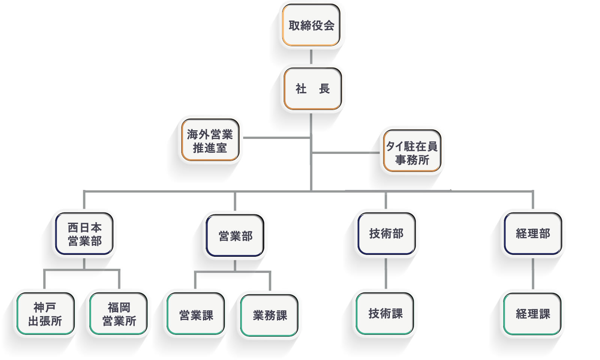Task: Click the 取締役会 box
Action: pos(311,25)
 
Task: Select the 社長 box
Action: pos(313,89)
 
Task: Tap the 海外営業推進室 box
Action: pos(210,140)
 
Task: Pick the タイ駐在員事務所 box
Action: pos(412,151)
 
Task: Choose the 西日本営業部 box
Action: pos(84,234)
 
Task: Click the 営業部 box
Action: pos(235,236)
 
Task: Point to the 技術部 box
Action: pos(386,234)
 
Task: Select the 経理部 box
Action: pos(533,234)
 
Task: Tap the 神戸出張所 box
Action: pos(45,313)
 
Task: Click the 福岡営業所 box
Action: pos(119,313)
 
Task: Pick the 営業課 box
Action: pos(195,313)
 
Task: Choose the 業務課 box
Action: pos(269,315)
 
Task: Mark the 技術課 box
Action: pos(385,313)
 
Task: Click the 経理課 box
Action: pos(532,314)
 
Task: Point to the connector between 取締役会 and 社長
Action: pos(311,57)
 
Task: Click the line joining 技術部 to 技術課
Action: pos(386,273)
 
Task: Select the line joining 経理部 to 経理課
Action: pos(533,274)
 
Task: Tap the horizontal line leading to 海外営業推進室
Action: pos(277,138)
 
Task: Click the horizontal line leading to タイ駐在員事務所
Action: pos(346,153)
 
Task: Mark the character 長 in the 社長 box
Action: pos(324,89)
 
